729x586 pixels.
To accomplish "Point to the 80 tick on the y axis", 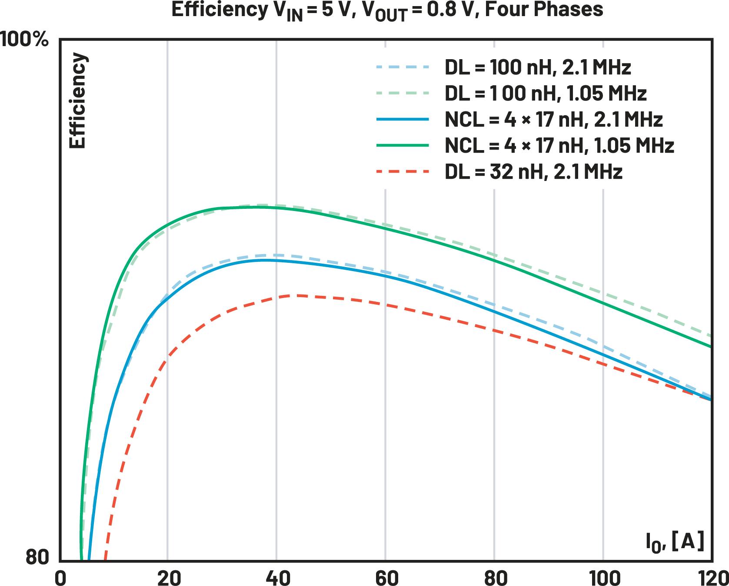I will [x=38, y=557].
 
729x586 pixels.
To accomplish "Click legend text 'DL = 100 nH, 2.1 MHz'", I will [x=537, y=67].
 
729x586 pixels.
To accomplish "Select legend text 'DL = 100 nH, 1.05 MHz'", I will [x=546, y=94].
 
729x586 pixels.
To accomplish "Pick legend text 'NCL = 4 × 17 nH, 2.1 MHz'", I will [x=553, y=120].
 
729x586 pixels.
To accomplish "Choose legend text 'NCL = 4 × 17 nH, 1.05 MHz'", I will [x=559, y=146].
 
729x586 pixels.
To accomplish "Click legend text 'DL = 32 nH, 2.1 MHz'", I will [x=533, y=172].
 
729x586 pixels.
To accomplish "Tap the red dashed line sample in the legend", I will [x=402, y=172].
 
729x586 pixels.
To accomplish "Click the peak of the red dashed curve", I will [x=296, y=295].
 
